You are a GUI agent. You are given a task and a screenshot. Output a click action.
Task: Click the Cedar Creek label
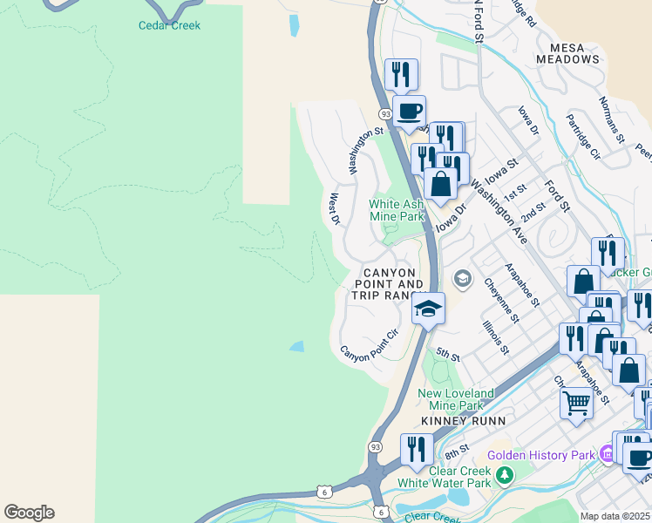[169, 25]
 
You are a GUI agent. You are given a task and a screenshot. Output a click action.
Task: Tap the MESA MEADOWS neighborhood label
[574, 53]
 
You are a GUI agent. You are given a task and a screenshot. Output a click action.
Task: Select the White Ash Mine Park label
[397, 210]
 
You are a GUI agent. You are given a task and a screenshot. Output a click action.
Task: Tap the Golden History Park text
[540, 455]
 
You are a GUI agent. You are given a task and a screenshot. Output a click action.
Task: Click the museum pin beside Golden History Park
[608, 454]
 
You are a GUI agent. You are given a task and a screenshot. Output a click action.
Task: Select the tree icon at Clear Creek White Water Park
[503, 475]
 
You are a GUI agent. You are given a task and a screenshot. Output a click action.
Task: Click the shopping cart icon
[576, 404]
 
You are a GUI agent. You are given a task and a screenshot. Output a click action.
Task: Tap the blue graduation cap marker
[428, 308]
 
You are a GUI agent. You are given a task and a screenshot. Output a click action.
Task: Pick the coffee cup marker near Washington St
[409, 111]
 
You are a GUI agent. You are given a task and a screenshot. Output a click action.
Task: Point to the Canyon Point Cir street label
[369, 345]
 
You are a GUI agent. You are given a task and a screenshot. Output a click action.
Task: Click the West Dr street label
[334, 209]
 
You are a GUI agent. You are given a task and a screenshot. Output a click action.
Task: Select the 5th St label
[448, 355]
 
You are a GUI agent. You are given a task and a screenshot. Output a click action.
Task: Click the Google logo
[29, 513]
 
